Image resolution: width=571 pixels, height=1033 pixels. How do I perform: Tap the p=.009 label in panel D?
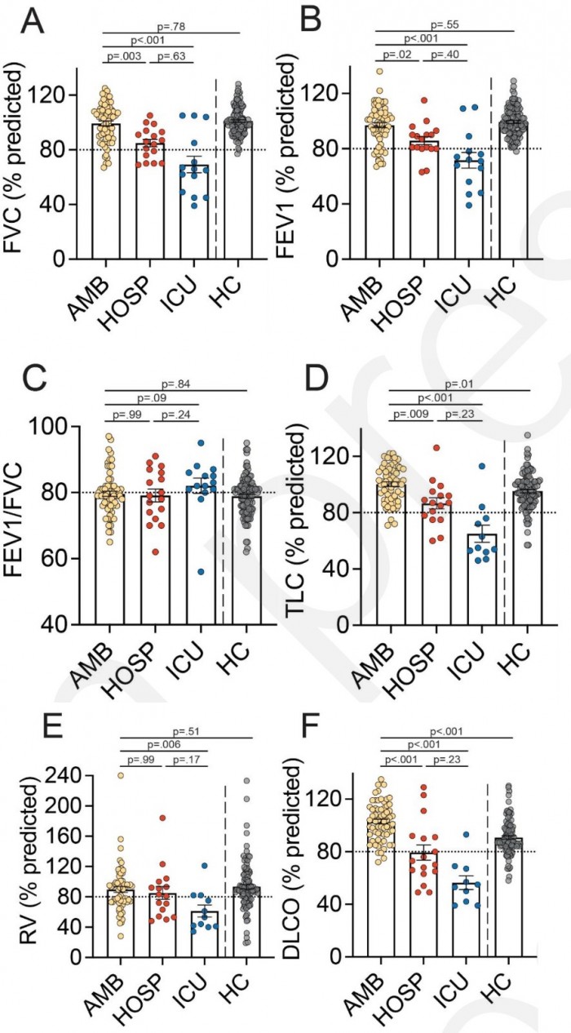tap(409, 415)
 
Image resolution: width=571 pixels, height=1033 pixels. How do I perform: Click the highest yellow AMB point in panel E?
tap(121, 776)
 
